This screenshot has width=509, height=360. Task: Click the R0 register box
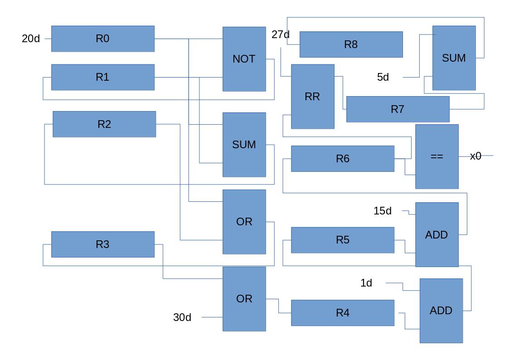(103, 39)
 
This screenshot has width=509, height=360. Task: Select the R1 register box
(103, 77)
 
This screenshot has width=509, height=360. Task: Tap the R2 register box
(104, 124)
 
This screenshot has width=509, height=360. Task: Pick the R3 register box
(103, 244)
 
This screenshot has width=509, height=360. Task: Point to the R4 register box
(343, 313)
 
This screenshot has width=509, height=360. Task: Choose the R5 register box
(343, 240)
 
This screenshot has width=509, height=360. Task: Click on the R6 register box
(343, 159)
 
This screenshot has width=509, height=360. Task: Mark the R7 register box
(398, 109)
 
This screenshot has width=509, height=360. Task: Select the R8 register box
(351, 44)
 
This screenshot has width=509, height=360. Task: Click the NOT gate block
(244, 59)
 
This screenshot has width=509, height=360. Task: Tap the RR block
(312, 97)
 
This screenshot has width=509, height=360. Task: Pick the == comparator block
(436, 156)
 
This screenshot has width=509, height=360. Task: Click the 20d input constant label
(31, 39)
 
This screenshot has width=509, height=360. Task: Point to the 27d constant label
(281, 34)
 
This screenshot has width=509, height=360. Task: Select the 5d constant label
(383, 78)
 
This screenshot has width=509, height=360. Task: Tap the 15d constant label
(383, 211)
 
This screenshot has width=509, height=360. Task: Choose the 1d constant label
(366, 283)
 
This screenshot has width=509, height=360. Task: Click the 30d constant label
(182, 318)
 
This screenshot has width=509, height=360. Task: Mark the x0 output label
(475, 156)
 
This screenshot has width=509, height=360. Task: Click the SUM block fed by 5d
(454, 58)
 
